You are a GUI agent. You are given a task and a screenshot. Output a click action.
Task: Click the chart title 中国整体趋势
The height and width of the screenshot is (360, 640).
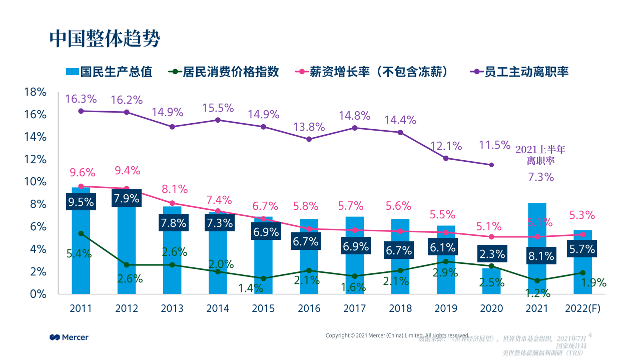coord(105,38)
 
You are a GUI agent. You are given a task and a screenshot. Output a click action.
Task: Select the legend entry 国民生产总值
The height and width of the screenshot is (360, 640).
coord(109,72)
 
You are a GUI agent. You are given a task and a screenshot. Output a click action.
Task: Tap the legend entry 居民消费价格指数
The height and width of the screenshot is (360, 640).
coord(224,72)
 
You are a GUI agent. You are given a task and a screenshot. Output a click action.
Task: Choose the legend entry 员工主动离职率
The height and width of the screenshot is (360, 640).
coord(519,72)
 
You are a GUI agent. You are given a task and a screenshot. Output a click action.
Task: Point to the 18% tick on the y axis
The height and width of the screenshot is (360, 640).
coord(35,92)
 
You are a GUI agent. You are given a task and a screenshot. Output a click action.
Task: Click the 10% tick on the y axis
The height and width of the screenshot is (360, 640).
coord(35,182)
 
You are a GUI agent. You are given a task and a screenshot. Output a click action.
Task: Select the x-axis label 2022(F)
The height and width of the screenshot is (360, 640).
coord(582,308)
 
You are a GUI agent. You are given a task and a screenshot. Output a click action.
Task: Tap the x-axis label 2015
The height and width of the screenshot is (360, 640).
coord(263,308)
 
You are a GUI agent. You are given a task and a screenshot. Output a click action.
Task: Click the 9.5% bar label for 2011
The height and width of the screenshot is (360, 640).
coord(81,202)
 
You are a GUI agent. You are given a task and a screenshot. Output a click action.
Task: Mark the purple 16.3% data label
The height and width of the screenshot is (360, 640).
coord(80,99)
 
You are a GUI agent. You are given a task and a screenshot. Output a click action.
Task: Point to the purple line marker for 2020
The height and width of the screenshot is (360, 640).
coord(491,165)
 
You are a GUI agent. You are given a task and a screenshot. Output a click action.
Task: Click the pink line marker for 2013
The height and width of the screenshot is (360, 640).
coord(172,203)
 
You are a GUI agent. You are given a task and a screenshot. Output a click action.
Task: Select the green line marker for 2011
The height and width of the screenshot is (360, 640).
coord(81,233)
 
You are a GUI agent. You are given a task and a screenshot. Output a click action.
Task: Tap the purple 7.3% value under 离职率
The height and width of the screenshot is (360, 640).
coord(541,177)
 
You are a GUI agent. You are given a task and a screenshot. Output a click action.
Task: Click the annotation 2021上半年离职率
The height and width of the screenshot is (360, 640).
coord(540,155)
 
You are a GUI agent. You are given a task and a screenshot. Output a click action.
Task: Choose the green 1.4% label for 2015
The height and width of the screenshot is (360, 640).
coord(251,288)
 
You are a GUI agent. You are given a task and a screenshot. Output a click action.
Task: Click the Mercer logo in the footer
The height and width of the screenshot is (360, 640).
coord(69,337)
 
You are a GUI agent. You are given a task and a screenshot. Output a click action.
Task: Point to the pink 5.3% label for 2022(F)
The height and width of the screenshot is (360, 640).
coord(582,215)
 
